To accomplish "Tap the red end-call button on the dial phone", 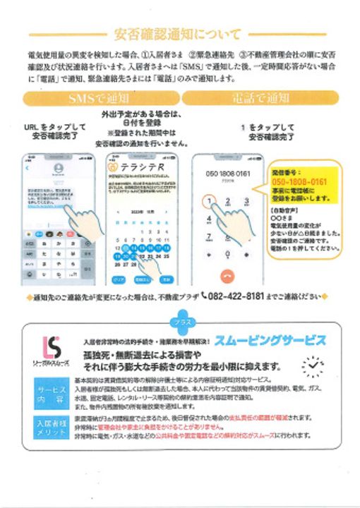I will [227, 275].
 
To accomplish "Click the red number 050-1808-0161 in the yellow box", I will [299, 181].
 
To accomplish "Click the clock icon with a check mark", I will [311, 365].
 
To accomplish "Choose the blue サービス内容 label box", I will [51, 393].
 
